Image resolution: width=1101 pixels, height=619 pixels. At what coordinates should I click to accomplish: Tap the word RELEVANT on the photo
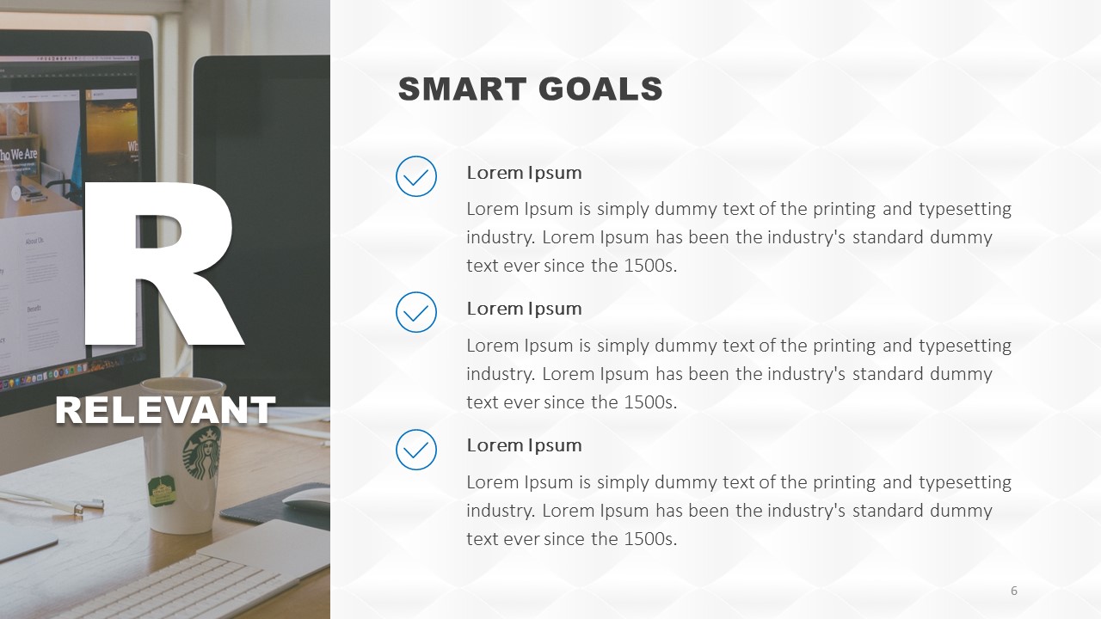165,410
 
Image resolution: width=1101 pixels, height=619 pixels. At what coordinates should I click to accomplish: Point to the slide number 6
1013,591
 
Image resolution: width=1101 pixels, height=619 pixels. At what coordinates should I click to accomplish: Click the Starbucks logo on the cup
201,453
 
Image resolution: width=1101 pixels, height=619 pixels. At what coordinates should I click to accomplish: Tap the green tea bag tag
162,491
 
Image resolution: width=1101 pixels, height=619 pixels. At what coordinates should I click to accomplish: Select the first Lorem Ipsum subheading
524,173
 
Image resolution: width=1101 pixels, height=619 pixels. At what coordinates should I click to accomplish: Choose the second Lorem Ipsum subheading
524,309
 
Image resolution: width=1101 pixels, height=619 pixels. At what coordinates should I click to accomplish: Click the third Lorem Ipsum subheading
524,445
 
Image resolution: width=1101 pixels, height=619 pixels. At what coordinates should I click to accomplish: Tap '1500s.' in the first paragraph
650,266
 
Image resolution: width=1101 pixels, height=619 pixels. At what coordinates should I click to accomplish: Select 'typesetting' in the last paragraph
965,483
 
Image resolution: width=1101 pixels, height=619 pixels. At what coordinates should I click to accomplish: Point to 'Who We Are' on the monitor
18,154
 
